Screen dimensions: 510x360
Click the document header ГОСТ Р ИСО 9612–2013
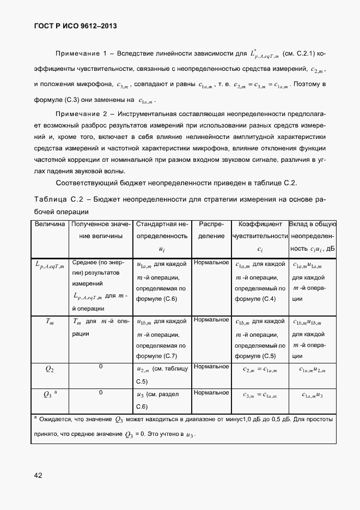click(74, 26)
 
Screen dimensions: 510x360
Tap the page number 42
click(38, 475)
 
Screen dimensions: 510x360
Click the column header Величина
click(50, 224)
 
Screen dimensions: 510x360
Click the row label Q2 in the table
click(50, 369)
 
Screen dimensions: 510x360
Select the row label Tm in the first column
click(50, 322)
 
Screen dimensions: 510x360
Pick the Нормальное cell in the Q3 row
click(211, 392)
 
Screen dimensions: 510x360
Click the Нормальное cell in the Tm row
click(211, 319)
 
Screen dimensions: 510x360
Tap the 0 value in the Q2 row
click(101, 367)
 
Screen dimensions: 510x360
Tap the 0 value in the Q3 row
click(101, 392)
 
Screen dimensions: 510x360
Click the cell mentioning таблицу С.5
click(162, 374)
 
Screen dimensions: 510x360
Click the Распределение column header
click(211, 230)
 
